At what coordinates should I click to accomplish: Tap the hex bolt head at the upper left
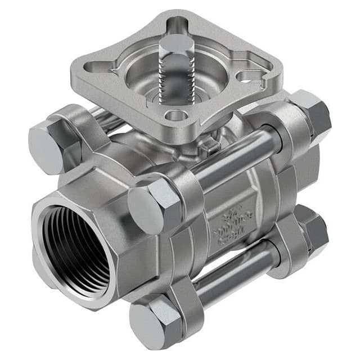[48, 148]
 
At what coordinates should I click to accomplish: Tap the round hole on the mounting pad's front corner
[177, 116]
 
